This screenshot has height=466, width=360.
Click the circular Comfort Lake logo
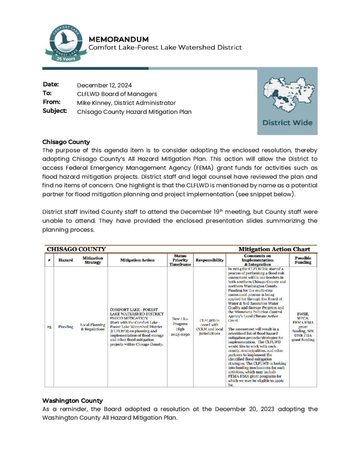point(66,43)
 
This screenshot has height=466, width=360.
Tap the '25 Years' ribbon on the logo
point(66,59)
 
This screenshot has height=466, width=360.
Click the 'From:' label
point(51,102)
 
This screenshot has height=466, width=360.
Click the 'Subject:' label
point(55,111)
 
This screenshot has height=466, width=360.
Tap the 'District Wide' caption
point(287,122)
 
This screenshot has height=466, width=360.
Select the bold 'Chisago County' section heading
point(66,142)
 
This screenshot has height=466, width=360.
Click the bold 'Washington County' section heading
point(72,400)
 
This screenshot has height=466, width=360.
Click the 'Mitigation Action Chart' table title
point(274,249)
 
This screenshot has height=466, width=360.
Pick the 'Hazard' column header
point(66,260)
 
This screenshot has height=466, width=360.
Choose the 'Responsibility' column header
point(209,260)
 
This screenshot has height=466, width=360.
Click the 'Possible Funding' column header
point(303,260)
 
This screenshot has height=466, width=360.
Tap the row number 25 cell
point(49,327)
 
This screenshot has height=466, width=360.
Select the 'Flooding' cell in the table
point(66,327)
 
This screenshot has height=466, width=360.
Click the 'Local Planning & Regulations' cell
point(92,327)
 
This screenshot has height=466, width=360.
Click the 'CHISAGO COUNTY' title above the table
point(76,249)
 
